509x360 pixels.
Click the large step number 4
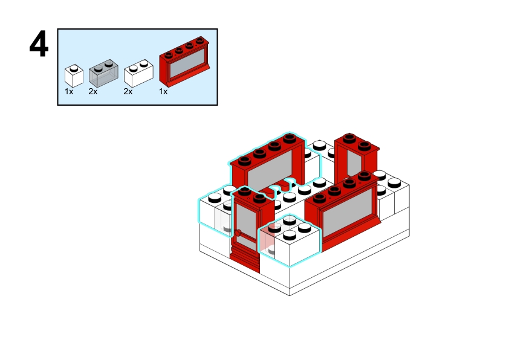point(39,45)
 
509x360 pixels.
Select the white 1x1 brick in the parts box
point(74,76)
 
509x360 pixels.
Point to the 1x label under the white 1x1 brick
point(69,92)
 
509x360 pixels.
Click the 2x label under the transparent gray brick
point(92,92)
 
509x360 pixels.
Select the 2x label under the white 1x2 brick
point(128,92)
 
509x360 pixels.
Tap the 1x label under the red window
point(163,92)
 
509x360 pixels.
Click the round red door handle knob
point(239,231)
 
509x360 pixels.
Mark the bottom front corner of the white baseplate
point(290,294)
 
